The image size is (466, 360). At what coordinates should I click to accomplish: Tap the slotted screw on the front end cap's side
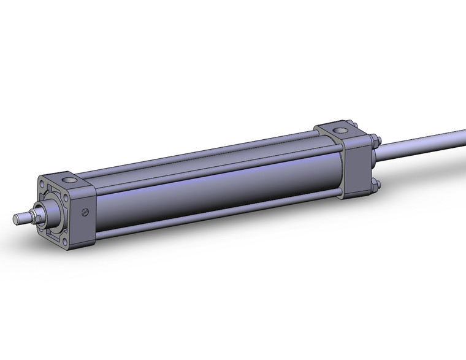(85, 213)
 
